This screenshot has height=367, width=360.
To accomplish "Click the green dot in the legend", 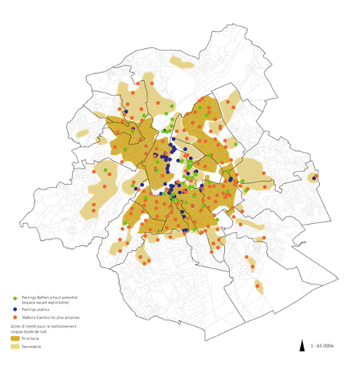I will (x=16, y=298).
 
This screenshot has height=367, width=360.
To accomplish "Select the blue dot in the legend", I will (x=16, y=308).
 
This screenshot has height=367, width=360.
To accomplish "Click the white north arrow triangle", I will (x=304, y=344).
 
